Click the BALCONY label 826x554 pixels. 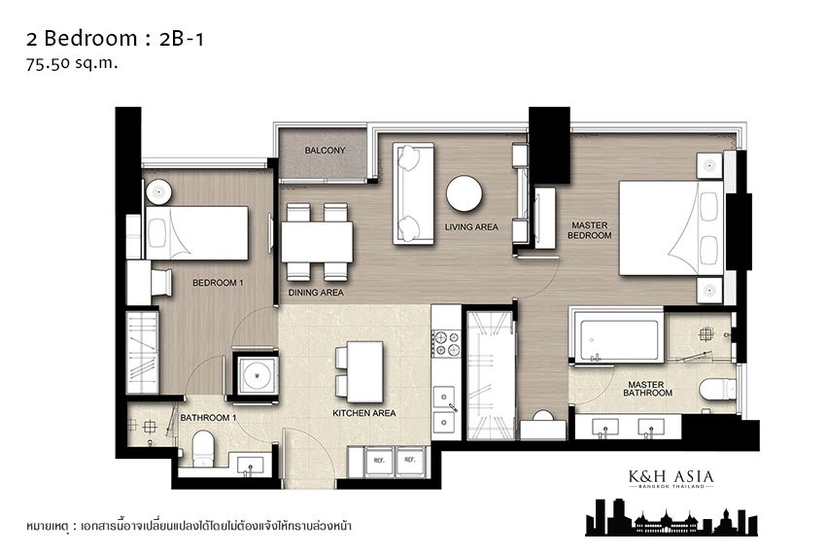tap(325, 151)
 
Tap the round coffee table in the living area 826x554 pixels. tap(465, 193)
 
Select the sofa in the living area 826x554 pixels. tap(414, 193)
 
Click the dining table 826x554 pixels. tap(317, 242)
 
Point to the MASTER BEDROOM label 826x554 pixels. tap(590, 230)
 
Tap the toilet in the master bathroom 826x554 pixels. tap(717, 390)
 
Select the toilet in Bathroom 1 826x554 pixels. tap(203, 449)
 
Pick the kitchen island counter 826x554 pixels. tap(364, 371)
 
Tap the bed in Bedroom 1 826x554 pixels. tap(196, 233)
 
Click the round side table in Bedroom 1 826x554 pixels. tap(158, 191)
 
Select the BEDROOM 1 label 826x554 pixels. tap(218, 283)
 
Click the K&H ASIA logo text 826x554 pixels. tap(671, 477)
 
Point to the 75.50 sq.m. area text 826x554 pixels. tap(72, 63)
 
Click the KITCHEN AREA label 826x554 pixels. tap(364, 413)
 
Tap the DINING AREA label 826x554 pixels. tap(316, 293)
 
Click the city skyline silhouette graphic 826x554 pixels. tap(671, 517)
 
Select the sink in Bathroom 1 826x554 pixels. tap(250, 465)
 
